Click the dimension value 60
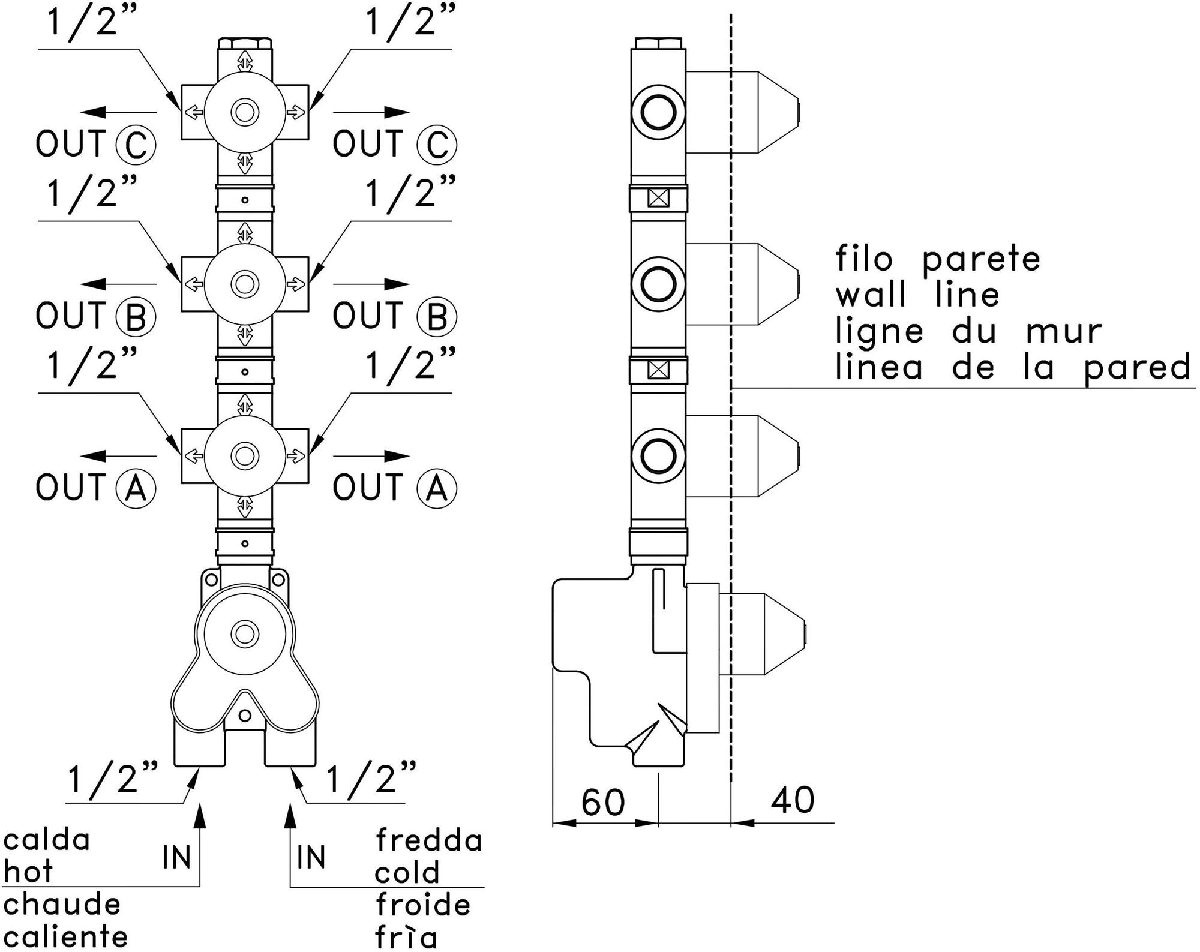(x=603, y=803)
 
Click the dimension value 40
(x=793, y=800)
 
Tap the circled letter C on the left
(x=136, y=145)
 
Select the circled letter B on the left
(x=136, y=316)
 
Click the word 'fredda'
(x=429, y=840)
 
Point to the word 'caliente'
(x=65, y=936)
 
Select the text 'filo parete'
(x=938, y=259)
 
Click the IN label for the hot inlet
(x=176, y=857)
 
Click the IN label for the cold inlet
(x=311, y=857)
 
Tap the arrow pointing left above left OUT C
(x=118, y=112)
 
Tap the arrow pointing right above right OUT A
(x=372, y=456)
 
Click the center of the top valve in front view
(x=244, y=112)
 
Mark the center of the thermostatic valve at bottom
(x=244, y=633)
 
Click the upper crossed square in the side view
(x=659, y=198)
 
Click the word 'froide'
(x=423, y=905)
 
